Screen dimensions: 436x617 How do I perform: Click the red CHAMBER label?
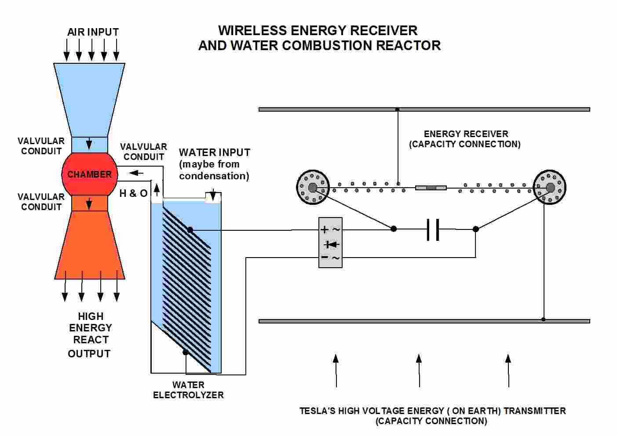click(89, 174)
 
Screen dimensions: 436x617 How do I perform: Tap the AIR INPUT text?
click(93, 32)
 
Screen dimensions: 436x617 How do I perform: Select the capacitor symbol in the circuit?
click(433, 229)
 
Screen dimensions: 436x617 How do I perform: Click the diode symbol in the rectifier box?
click(331, 244)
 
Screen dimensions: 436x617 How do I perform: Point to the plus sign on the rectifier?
click(325, 229)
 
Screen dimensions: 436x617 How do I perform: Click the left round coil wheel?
click(313, 188)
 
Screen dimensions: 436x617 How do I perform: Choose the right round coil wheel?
click(550, 188)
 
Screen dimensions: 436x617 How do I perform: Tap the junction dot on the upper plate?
click(398, 109)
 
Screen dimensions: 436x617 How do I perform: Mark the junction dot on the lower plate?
click(544, 320)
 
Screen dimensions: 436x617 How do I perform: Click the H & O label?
click(133, 193)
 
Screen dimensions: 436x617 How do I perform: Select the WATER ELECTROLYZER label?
click(188, 390)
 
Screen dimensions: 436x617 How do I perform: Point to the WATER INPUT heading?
click(214, 153)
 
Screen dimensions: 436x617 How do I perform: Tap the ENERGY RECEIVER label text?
click(466, 134)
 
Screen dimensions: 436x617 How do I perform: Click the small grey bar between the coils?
click(431, 188)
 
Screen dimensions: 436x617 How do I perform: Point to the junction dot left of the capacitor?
click(394, 229)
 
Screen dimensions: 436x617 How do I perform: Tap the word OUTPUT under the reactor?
click(89, 354)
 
